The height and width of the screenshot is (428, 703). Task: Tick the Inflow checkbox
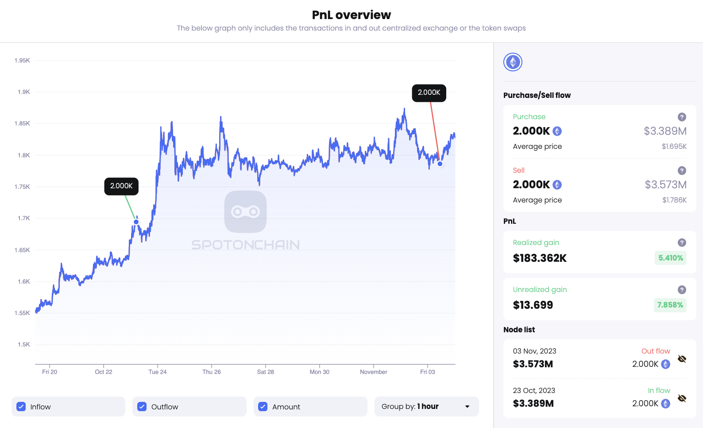[x=21, y=407]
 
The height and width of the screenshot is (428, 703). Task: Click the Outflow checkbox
[x=142, y=407]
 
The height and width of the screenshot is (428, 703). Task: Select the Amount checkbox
[x=263, y=407]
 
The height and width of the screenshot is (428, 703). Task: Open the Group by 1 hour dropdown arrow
[x=467, y=407]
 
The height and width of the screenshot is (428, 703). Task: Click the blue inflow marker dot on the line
[x=136, y=222]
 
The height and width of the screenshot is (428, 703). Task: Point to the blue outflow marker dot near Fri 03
[x=440, y=164]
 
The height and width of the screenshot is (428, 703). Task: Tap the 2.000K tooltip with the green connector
[x=121, y=186]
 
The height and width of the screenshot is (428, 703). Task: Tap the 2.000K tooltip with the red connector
[x=429, y=93]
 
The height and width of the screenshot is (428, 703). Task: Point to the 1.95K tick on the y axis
[x=22, y=60]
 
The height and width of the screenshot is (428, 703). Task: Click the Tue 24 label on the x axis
[x=158, y=372]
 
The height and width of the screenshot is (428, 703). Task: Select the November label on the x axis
[x=373, y=372]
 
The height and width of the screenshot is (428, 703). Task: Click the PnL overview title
[x=351, y=15]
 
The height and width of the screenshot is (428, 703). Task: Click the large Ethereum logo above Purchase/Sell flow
[x=513, y=62]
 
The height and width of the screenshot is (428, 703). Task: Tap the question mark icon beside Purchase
[x=682, y=117]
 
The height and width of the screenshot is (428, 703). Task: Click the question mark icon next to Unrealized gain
[x=682, y=290]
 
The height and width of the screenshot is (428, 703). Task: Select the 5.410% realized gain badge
[x=670, y=258]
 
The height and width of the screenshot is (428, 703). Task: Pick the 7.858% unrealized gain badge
[x=670, y=305]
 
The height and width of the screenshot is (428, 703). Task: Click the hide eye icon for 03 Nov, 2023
[x=682, y=359]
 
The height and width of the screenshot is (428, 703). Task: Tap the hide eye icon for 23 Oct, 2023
[x=682, y=398]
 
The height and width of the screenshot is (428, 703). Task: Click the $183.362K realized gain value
[x=540, y=258]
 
